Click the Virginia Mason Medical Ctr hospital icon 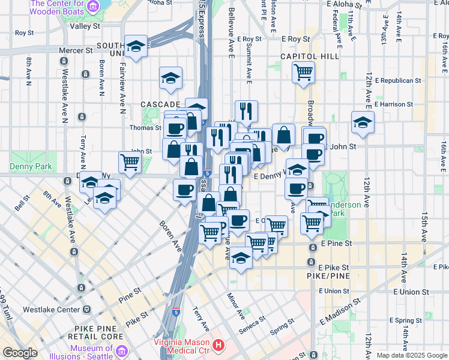point(218,346)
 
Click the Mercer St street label point(76,51)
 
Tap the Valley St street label point(85,26)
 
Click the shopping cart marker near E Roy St point(303,72)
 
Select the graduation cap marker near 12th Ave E point(363,122)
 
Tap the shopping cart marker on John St point(130,161)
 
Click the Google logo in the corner point(20,353)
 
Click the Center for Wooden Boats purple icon point(93,7)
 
